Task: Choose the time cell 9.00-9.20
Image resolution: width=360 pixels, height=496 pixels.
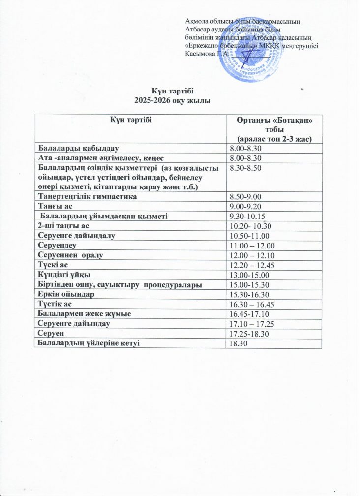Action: pyautogui.click(x=245, y=206)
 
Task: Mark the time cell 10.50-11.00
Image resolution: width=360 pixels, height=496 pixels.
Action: pyautogui.click(x=247, y=236)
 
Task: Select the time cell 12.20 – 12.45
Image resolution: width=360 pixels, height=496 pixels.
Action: pyautogui.click(x=251, y=265)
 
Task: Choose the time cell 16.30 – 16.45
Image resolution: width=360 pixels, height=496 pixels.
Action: pyautogui.click(x=251, y=304)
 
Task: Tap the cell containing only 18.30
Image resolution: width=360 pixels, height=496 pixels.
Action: pyautogui.click(x=238, y=343)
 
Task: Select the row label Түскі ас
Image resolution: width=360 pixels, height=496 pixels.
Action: pyautogui.click(x=50, y=265)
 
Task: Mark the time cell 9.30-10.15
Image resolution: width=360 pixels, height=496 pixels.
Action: pyautogui.click(x=246, y=216)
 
